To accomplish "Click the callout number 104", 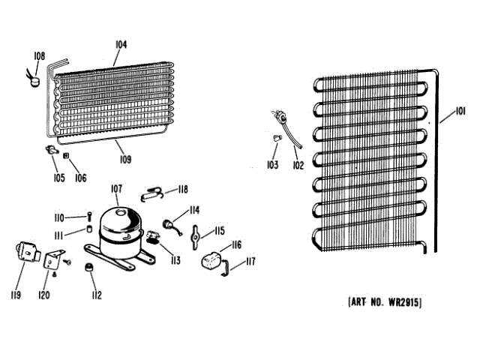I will click(120, 45).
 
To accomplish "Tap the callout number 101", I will click(448, 115).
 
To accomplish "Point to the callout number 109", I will click(124, 157).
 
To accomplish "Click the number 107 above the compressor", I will click(117, 188).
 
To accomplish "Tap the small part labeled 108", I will click(33, 73).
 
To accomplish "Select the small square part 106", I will click(67, 157).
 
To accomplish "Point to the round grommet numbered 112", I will click(91, 266).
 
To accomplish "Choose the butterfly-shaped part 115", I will click(197, 236).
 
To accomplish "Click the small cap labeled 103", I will click(276, 139).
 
